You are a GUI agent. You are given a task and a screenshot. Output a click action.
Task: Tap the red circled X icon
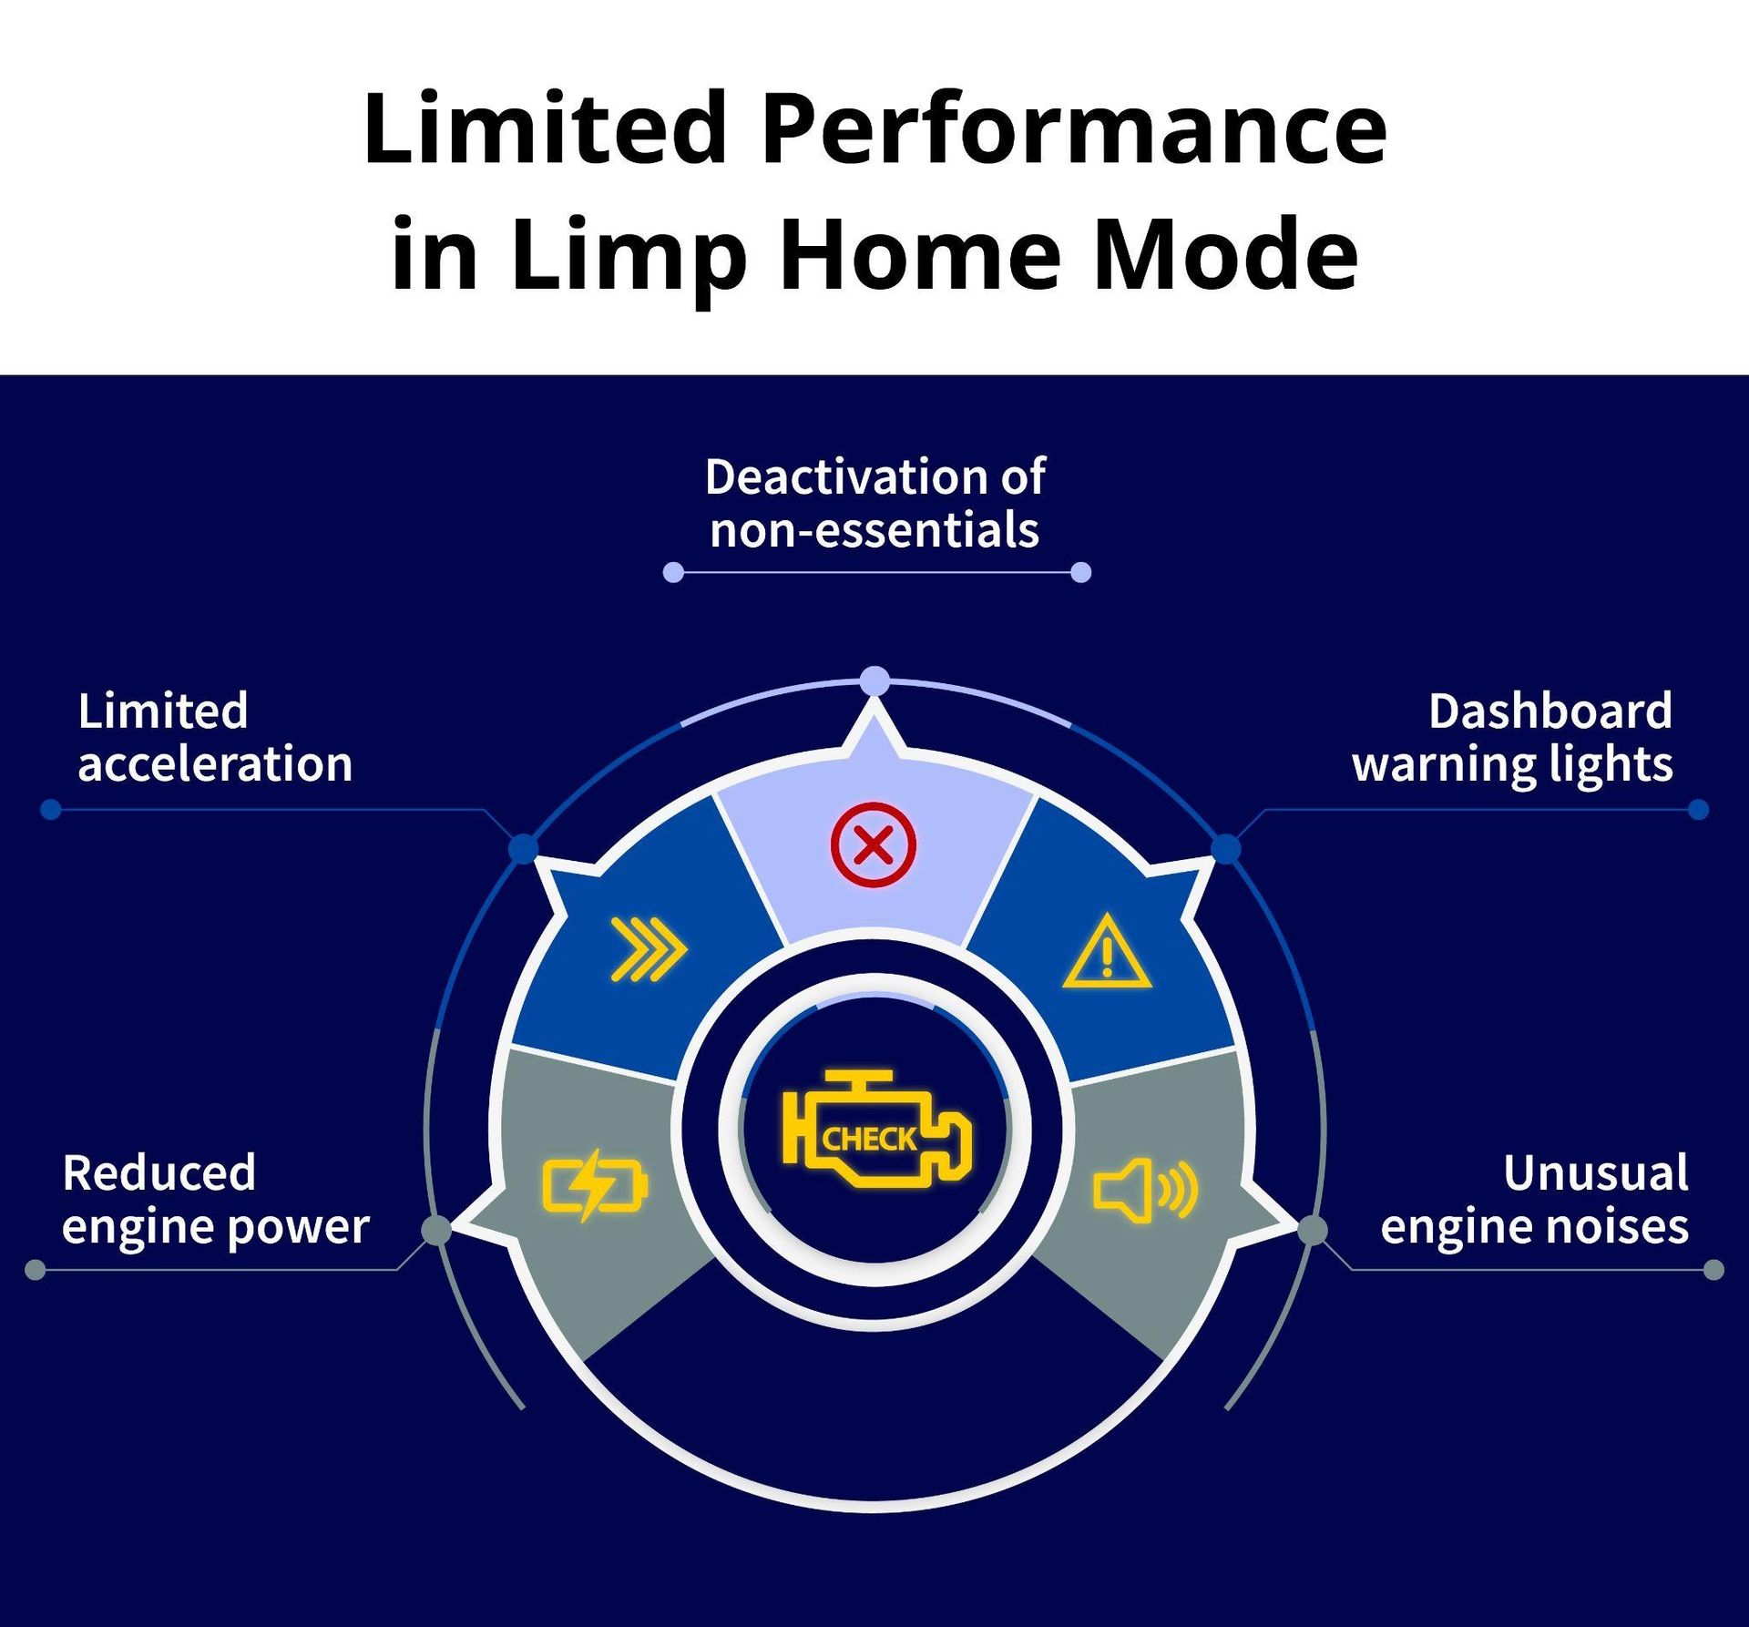point(874,844)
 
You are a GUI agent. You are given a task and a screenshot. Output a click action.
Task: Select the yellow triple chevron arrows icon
point(649,949)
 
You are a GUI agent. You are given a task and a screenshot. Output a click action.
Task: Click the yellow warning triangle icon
point(1107,951)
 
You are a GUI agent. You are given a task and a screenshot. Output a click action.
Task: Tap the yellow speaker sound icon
point(1145,1190)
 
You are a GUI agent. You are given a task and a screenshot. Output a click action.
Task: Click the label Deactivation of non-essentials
point(874,503)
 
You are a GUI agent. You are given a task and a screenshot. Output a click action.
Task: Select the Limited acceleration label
point(215,737)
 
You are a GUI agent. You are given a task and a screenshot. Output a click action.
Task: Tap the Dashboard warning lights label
point(1512,737)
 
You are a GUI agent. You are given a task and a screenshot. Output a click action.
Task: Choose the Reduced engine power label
point(216,1199)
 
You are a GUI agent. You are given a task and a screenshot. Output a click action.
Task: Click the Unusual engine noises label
point(1534,1199)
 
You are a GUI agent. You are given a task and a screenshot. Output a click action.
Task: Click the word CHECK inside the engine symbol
point(869,1139)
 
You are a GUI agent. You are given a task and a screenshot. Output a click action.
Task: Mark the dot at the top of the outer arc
point(874,680)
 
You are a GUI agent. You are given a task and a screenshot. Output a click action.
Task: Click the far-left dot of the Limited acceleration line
point(51,809)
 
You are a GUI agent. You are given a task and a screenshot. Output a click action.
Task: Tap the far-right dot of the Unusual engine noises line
point(1713,1269)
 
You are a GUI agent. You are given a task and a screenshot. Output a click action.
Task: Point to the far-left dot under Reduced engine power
point(36,1269)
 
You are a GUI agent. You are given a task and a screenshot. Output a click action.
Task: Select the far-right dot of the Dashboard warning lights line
point(1698,809)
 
